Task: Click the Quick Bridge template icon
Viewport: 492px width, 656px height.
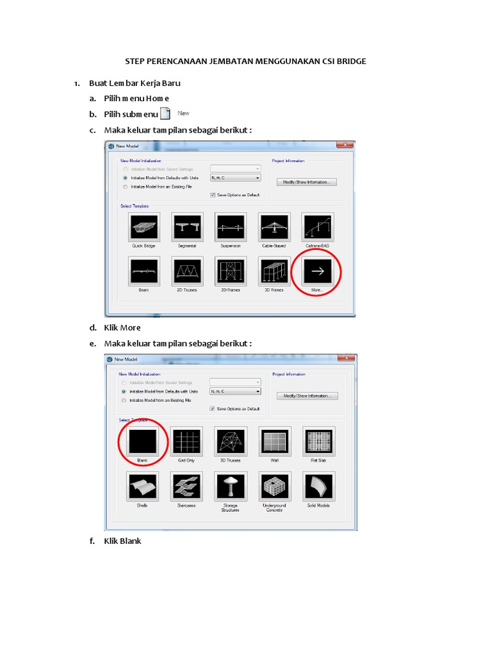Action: pos(143,227)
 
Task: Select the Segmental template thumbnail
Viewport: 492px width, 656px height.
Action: pos(187,227)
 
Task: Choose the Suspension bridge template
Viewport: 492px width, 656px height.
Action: pos(231,227)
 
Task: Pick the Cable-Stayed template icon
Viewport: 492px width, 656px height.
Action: pos(274,227)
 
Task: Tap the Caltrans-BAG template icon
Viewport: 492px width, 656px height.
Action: pos(318,227)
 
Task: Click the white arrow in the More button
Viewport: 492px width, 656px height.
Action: pos(318,272)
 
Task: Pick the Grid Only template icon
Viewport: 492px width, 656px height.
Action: pos(187,441)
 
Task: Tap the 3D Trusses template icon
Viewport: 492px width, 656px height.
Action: pos(231,441)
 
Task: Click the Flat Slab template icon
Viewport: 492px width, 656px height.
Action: pos(319,441)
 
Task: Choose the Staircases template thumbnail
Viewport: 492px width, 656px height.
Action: pos(187,487)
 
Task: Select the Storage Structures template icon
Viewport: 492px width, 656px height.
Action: pos(231,487)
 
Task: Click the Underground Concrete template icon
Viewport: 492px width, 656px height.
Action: pos(274,487)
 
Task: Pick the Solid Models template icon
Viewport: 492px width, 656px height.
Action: pos(319,487)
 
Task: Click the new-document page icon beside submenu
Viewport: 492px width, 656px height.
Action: pos(165,114)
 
